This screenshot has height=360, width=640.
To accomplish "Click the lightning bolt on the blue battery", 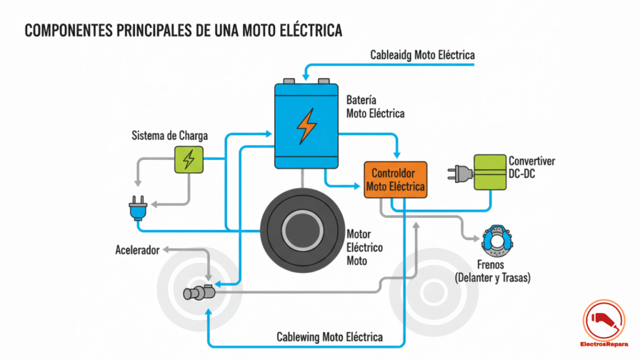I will pyautogui.click(x=306, y=125).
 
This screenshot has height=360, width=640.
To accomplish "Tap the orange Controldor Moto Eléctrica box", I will pyautogui.click(x=395, y=179).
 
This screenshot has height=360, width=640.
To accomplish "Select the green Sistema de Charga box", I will pyautogui.click(x=188, y=159).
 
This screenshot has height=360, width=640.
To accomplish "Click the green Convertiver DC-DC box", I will pyautogui.click(x=489, y=172).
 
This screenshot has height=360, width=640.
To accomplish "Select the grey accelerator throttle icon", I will pyautogui.click(x=199, y=292).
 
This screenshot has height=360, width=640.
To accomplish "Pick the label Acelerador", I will pyautogui.click(x=137, y=250).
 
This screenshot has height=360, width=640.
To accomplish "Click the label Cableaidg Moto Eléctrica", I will pyautogui.click(x=422, y=55).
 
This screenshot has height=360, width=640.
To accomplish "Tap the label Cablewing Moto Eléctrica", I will pyautogui.click(x=329, y=337).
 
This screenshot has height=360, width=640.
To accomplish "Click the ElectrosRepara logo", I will pyautogui.click(x=603, y=322).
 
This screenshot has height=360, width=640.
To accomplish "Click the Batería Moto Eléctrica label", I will pyautogui.click(x=375, y=107).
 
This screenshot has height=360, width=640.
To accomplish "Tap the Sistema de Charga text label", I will pyautogui.click(x=169, y=136).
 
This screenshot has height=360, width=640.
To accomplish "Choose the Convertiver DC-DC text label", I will pyautogui.click(x=531, y=167).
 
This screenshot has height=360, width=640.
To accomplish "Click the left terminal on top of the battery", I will pyautogui.click(x=289, y=81).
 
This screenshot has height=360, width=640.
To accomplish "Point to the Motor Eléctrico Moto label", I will pyautogui.click(x=364, y=247).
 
